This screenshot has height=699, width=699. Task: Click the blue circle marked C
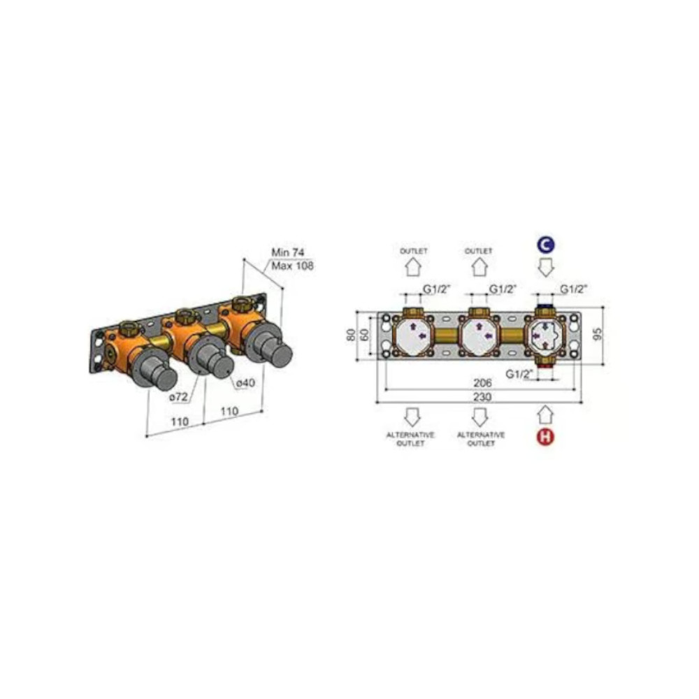click(x=546, y=245)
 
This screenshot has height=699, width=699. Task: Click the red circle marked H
click(x=545, y=436)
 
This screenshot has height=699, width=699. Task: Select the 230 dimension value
click(x=482, y=397)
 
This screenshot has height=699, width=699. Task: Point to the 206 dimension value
click(x=482, y=382)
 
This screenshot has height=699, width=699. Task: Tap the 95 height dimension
click(x=598, y=333)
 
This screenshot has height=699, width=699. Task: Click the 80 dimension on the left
click(x=352, y=334)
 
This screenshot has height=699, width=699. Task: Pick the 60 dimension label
click(x=365, y=334)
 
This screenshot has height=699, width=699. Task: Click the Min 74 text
click(x=288, y=252)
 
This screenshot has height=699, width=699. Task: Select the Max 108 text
click(x=292, y=266)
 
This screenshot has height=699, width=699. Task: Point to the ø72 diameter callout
click(x=178, y=396)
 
